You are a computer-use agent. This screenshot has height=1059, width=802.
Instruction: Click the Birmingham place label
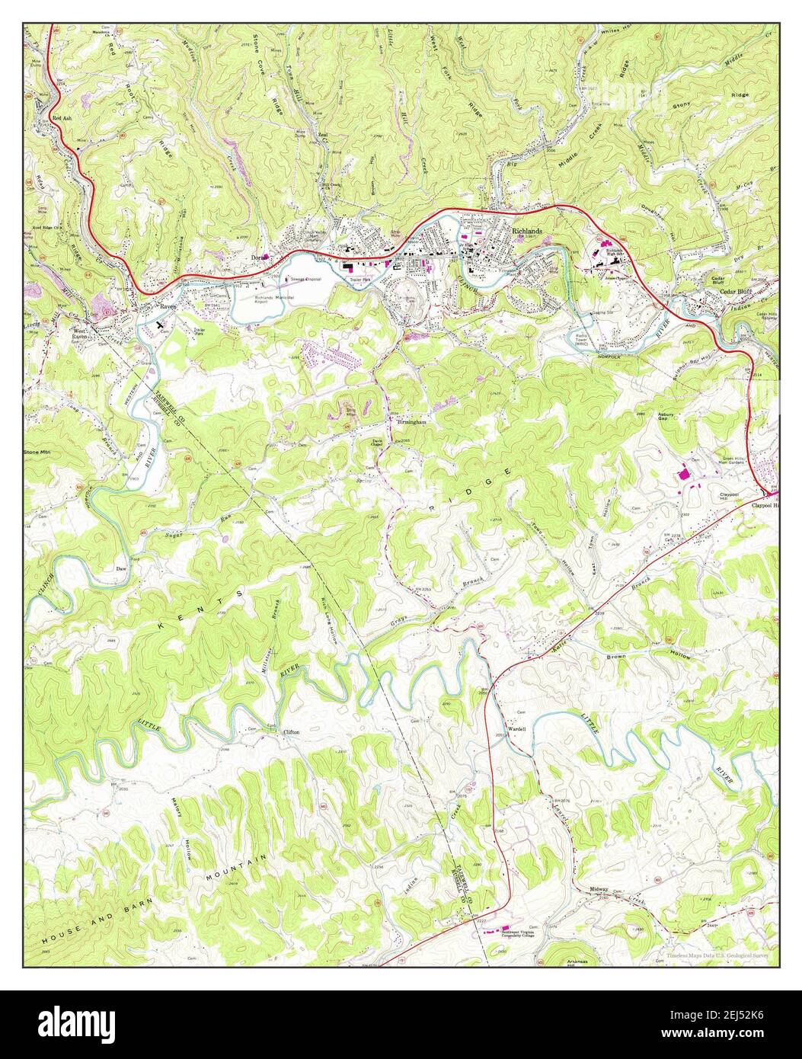point(410,421)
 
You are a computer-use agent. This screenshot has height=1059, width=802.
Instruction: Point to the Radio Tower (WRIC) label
point(586,338)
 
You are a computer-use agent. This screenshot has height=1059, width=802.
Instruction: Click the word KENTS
point(204,607)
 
